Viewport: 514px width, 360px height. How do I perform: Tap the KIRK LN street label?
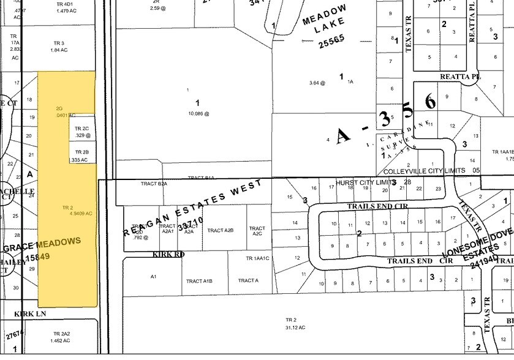(x=31, y=313)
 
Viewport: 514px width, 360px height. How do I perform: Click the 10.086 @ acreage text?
(x=197, y=113)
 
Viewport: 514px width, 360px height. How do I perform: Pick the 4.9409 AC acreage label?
(x=80, y=213)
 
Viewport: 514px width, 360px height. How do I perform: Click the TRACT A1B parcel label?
(x=199, y=281)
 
